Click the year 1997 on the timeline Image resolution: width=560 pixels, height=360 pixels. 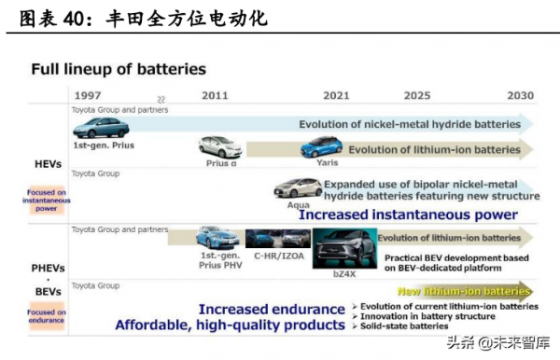tap(89, 96)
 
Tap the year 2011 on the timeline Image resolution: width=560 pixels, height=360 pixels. tap(214, 96)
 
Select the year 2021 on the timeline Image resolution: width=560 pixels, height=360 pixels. tap(336, 96)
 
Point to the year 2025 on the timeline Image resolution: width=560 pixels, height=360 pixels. tap(417, 96)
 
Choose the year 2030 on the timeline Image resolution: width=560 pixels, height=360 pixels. tap(520, 96)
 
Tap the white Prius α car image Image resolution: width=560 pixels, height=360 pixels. tap(220, 146)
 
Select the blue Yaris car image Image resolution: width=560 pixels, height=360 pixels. tap(320, 146)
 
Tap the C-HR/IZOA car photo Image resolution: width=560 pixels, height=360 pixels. tap(277, 238)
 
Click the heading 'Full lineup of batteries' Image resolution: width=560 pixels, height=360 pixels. tap(119, 69)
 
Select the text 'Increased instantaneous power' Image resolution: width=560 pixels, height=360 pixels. tap(408, 214)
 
